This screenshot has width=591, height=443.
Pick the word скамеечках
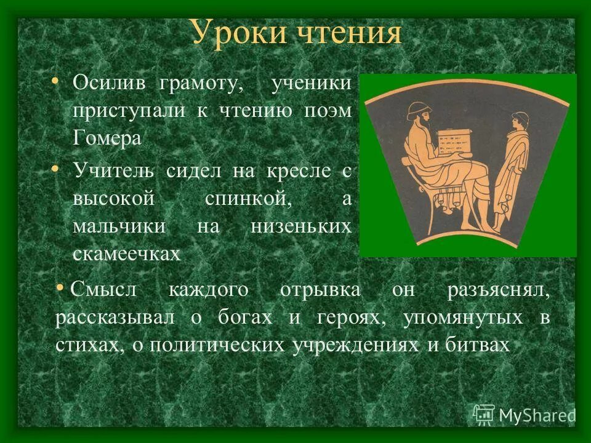[x=126, y=253]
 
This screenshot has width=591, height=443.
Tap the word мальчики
[x=119, y=226]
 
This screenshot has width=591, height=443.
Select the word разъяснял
[x=499, y=290]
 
